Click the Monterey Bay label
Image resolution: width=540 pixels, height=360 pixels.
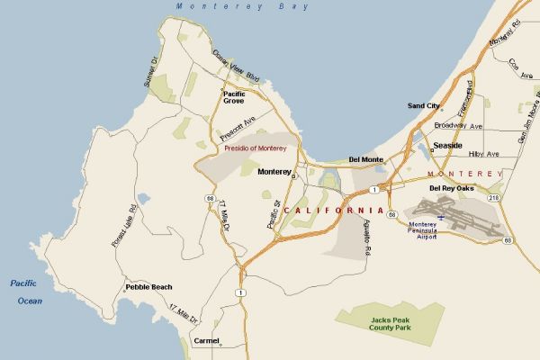coord(242,6)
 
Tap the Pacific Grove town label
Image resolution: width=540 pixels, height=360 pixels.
coord(234,97)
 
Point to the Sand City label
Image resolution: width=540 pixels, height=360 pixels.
coord(424,106)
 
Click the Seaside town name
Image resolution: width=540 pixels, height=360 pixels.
coord(447,145)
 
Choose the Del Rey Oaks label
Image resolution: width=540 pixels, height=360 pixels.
coord(451,188)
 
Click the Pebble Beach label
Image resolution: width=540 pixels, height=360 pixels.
coord(148,287)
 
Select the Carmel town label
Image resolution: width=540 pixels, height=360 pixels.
coord(206,341)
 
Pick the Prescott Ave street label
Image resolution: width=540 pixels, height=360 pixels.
coord(238,128)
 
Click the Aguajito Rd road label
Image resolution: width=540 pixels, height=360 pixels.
coord(369,240)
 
